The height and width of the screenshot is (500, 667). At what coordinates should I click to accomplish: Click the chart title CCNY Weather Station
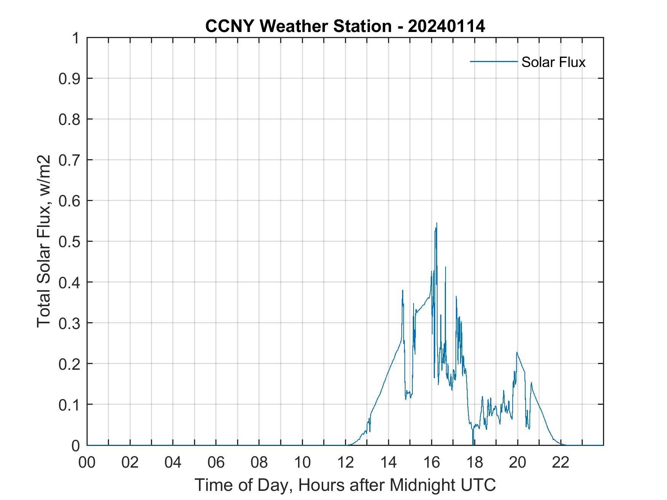click(298, 26)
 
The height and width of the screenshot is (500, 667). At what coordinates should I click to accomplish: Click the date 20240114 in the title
click(446, 26)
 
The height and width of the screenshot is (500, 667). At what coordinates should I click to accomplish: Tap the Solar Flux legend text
click(553, 62)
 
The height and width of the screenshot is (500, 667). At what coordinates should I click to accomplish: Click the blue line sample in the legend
click(493, 61)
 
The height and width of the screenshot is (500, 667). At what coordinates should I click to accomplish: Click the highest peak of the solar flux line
click(436, 223)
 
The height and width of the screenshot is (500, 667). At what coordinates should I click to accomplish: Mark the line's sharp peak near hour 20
click(517, 352)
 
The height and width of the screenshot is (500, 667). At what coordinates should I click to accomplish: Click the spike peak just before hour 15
click(402, 290)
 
